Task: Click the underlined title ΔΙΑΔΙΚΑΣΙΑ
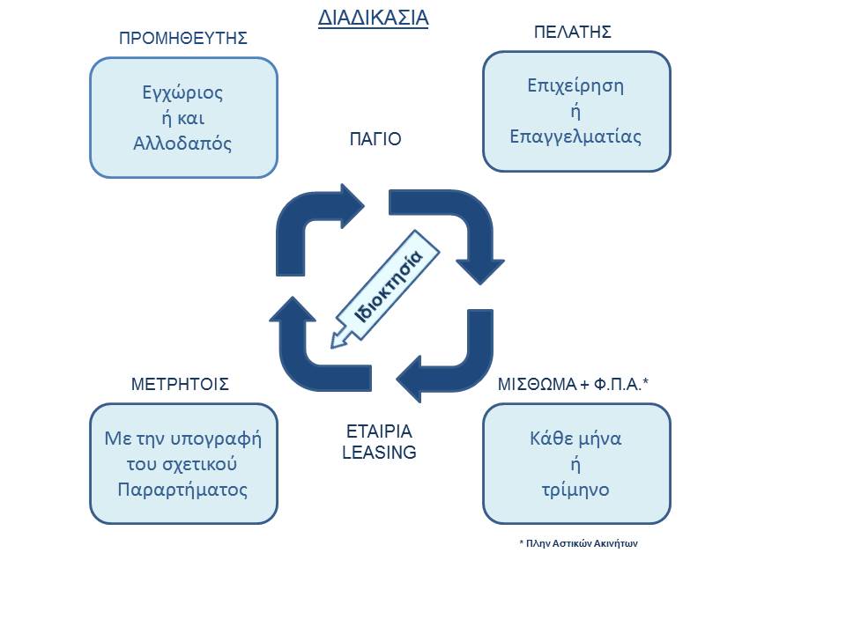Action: pyautogui.click(x=373, y=18)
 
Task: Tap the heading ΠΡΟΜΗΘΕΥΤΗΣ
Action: pyautogui.click(x=182, y=38)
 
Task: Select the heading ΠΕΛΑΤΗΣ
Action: pyautogui.click(x=573, y=33)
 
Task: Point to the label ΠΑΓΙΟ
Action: pyautogui.click(x=375, y=139)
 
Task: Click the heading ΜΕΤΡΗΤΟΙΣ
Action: pyautogui.click(x=180, y=384)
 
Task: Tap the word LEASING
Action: pyautogui.click(x=379, y=453)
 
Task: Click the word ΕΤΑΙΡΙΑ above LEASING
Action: pyautogui.click(x=379, y=432)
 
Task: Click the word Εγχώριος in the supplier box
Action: pyautogui.click(x=183, y=92)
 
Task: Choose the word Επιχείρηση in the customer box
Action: pyautogui.click(x=575, y=86)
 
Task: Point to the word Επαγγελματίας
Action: pyautogui.click(x=575, y=136)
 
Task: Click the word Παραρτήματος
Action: pyautogui.click(x=182, y=489)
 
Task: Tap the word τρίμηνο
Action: pyautogui.click(x=575, y=490)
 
